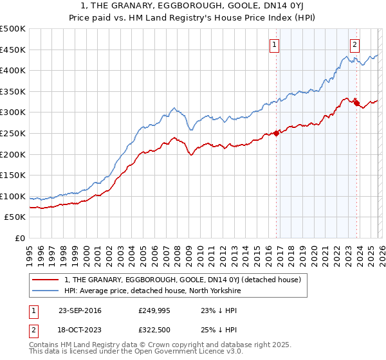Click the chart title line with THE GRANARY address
point(193,6)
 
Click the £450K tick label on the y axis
point(13,50)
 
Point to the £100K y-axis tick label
point(13,196)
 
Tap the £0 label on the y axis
point(21,238)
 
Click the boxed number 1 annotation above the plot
point(275,44)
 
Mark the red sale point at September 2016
point(276,133)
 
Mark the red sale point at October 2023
point(356,103)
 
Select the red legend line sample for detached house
point(46,280)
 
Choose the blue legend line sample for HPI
point(46,290)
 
